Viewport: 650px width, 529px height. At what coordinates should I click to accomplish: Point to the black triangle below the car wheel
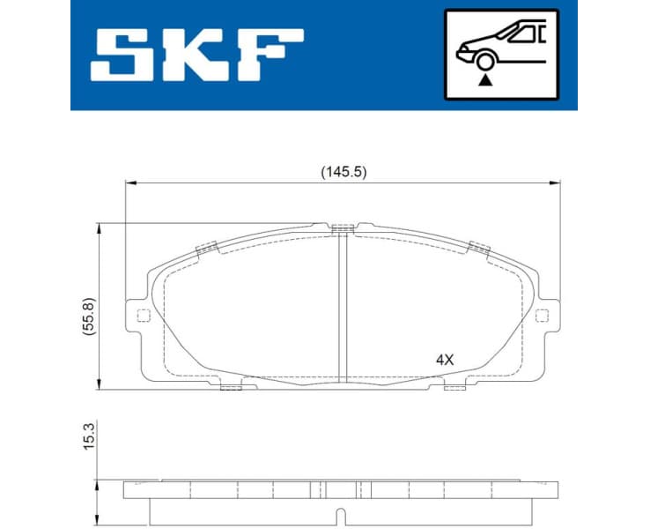pyautogui.click(x=483, y=79)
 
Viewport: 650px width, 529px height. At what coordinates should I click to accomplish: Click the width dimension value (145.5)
pyautogui.click(x=343, y=173)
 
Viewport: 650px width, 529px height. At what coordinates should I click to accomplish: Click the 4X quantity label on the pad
pyautogui.click(x=444, y=360)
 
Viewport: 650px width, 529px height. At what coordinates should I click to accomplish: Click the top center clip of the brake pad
pyautogui.click(x=343, y=229)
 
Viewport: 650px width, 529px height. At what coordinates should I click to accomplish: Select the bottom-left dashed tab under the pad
pyautogui.click(x=231, y=386)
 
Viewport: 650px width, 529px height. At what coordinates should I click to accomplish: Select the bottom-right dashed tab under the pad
pyautogui.click(x=454, y=386)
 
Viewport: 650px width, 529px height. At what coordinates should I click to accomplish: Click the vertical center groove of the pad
pyautogui.click(x=343, y=309)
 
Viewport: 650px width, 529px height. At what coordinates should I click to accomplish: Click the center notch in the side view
pyautogui.click(x=343, y=513)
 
